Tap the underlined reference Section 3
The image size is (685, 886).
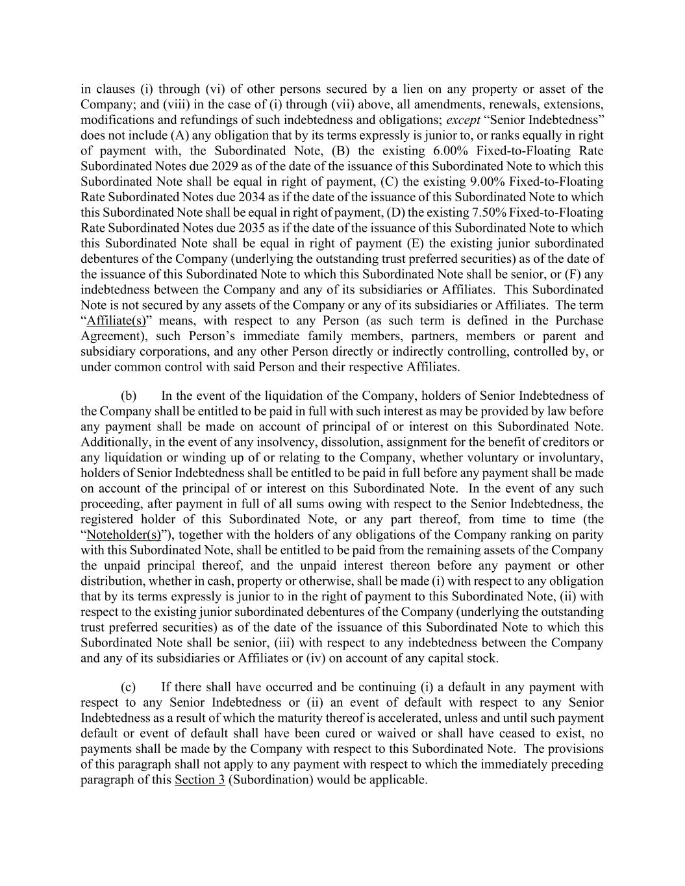200,780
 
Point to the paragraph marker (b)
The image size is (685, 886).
129,396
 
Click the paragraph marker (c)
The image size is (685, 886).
129,687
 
